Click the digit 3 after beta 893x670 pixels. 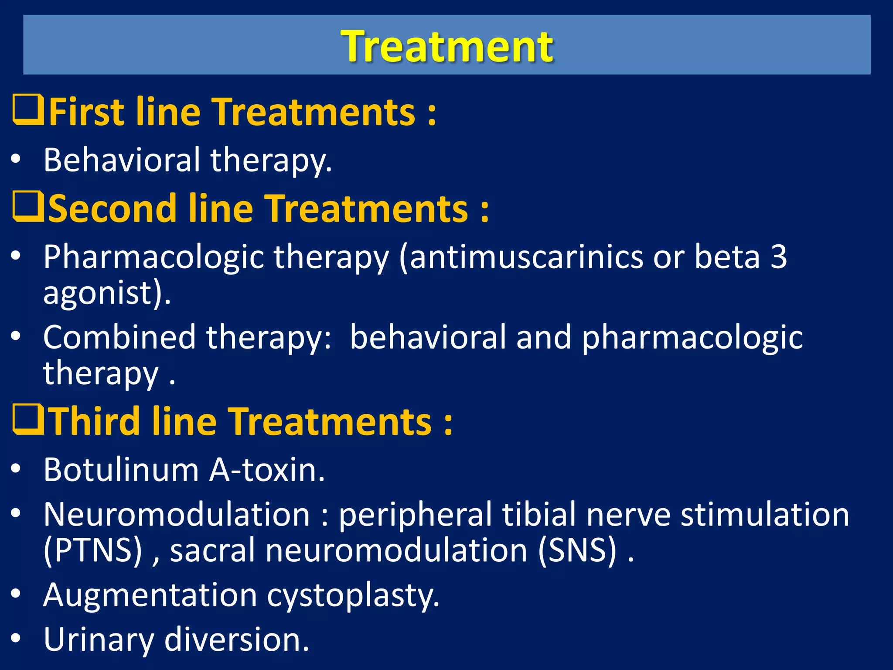coord(778,257)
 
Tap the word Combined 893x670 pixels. coord(119,337)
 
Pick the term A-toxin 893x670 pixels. coord(267,470)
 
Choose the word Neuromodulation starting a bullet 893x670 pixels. coord(177,514)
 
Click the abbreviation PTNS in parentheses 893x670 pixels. coord(93,550)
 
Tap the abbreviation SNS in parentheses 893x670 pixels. coord(577,550)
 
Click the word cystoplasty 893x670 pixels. coord(353,595)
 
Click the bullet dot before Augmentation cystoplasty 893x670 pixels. coord(16,594)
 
